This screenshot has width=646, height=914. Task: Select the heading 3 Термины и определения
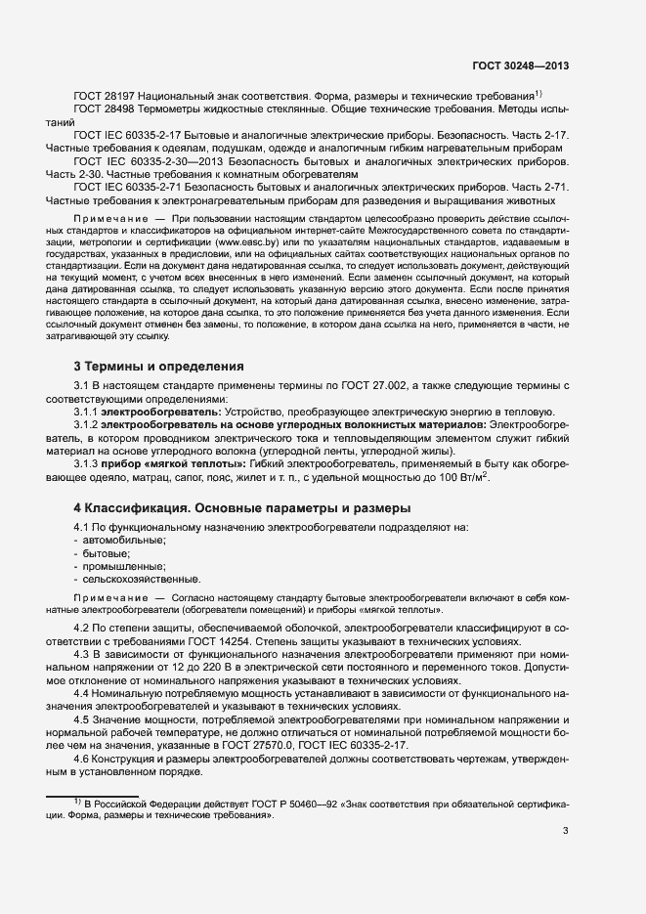click(158, 367)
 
